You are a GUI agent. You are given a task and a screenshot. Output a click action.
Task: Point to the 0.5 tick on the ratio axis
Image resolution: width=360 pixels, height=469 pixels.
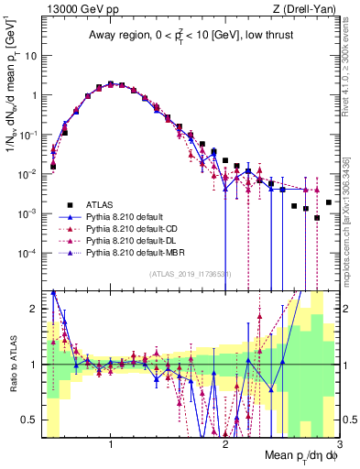coord(27,420)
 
